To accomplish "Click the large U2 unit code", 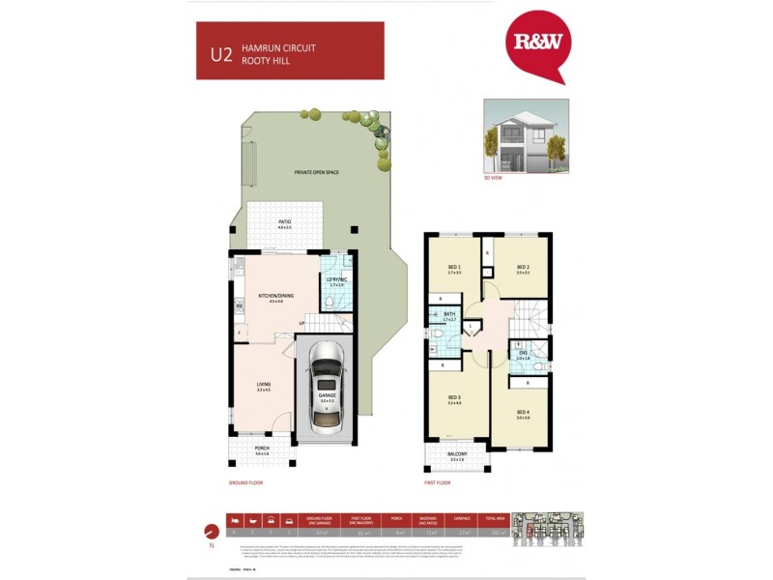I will point(221,52).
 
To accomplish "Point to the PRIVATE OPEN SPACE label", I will point(317,172).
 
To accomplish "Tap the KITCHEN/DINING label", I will point(269,298).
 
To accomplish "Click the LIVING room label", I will point(263,386).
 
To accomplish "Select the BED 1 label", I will point(454,268).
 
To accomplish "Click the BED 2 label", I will point(523,268).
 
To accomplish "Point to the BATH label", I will point(449,315).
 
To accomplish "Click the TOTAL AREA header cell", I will point(495,518).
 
